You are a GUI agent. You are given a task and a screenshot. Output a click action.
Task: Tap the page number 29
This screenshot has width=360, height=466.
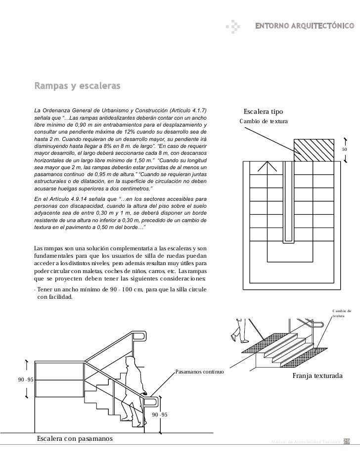pyautogui.click(x=347, y=441)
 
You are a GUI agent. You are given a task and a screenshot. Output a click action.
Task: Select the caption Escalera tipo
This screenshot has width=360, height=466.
pyautogui.click(x=263, y=112)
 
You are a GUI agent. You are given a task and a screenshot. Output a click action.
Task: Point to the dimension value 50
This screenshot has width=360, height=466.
pyautogui.click(x=345, y=149)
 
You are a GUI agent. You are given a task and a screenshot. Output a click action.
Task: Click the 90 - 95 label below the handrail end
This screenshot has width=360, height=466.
pyautogui.click(x=160, y=414)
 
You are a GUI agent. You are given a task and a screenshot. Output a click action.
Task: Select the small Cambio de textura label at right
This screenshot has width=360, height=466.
pyautogui.click(x=341, y=313)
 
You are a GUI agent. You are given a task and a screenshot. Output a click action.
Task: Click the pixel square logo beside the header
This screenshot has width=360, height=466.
pyautogui.click(x=234, y=25)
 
